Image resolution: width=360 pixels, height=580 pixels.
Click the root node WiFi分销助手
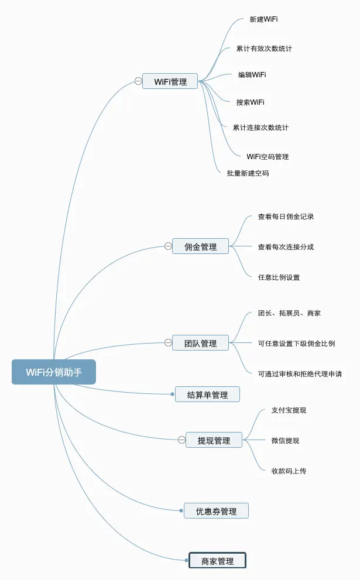pos(53,372)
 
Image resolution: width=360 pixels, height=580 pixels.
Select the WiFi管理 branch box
pos(170,81)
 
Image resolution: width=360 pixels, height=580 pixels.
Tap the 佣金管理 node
pos(201,246)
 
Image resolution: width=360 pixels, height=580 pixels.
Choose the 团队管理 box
pos(201,343)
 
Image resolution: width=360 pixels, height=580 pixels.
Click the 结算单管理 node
pos(207,394)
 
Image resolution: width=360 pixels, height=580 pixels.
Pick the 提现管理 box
pos(214,440)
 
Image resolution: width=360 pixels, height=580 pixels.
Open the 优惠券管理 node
pos(216,511)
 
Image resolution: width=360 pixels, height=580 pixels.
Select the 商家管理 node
pos(217,561)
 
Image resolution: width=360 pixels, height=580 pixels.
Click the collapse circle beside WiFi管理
pos(138,81)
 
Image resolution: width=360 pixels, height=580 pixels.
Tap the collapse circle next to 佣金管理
pos(168,246)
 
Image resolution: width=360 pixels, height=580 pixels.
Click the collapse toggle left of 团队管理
pos(168,343)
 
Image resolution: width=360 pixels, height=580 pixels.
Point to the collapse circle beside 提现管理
pos(181,440)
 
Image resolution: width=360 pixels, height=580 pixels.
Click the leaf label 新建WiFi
pos(263,19)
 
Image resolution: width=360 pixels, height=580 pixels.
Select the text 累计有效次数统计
pos(264,49)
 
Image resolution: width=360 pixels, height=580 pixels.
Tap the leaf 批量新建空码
pos(248,173)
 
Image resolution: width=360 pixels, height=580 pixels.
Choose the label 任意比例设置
pos(279,277)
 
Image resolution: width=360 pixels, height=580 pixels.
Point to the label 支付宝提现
pos(289,410)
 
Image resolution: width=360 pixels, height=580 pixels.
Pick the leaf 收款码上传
pos(289,471)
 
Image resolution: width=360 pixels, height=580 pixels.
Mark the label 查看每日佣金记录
pos(286,217)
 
